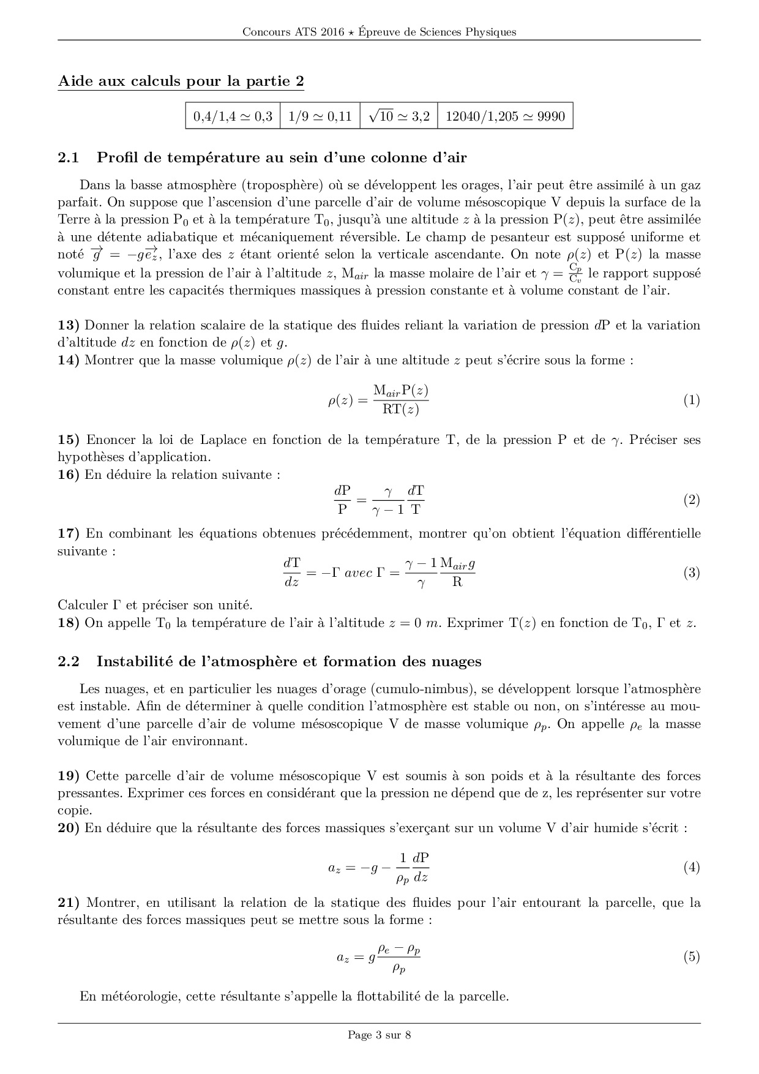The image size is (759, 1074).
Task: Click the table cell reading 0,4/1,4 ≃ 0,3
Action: (x=233, y=116)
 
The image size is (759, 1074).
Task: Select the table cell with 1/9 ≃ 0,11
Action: (x=320, y=116)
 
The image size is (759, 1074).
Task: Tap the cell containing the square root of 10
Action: (x=399, y=116)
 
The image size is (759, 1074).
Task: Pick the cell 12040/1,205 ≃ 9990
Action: (x=505, y=116)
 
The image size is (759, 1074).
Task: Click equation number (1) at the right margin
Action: (x=691, y=400)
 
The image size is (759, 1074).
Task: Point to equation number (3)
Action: (x=691, y=573)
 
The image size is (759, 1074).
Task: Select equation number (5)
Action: (x=691, y=957)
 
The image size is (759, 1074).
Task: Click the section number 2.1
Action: (x=69, y=158)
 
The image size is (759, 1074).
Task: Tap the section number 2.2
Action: (x=69, y=662)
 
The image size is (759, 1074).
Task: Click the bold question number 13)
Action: (x=69, y=325)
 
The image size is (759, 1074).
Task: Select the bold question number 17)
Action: (x=69, y=533)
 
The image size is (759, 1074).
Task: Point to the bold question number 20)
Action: (x=69, y=828)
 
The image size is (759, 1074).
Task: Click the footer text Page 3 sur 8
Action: (x=379, y=1035)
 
